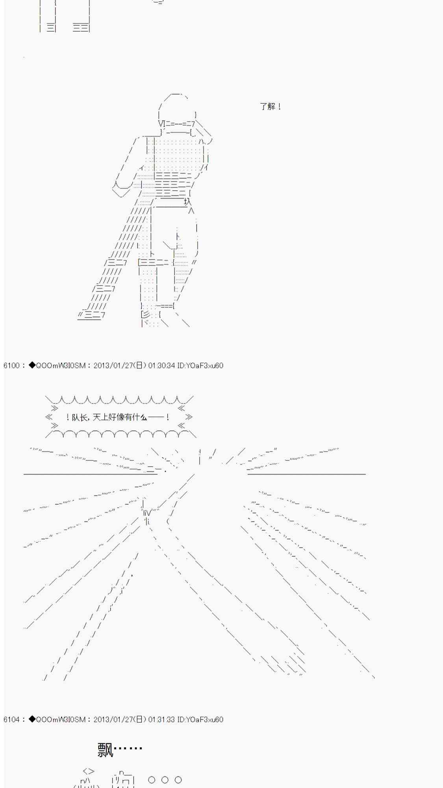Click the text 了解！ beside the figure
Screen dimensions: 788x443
point(270,106)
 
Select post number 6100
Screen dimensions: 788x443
point(11,366)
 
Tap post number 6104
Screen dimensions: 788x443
point(11,719)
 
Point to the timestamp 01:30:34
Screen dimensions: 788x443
point(161,366)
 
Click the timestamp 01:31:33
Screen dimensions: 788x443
point(161,719)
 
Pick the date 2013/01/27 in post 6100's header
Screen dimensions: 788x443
point(112,366)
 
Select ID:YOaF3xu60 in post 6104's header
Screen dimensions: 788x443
point(200,719)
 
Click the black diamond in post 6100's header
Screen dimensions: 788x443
point(32,365)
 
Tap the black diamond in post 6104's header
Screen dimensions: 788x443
point(32,719)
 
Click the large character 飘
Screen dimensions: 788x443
point(105,750)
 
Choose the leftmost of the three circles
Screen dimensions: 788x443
point(152,780)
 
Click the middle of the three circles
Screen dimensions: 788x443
point(165,780)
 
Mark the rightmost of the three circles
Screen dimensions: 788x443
point(178,780)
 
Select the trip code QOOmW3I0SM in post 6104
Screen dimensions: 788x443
point(60,719)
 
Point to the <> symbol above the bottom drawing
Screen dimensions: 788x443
point(89,771)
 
